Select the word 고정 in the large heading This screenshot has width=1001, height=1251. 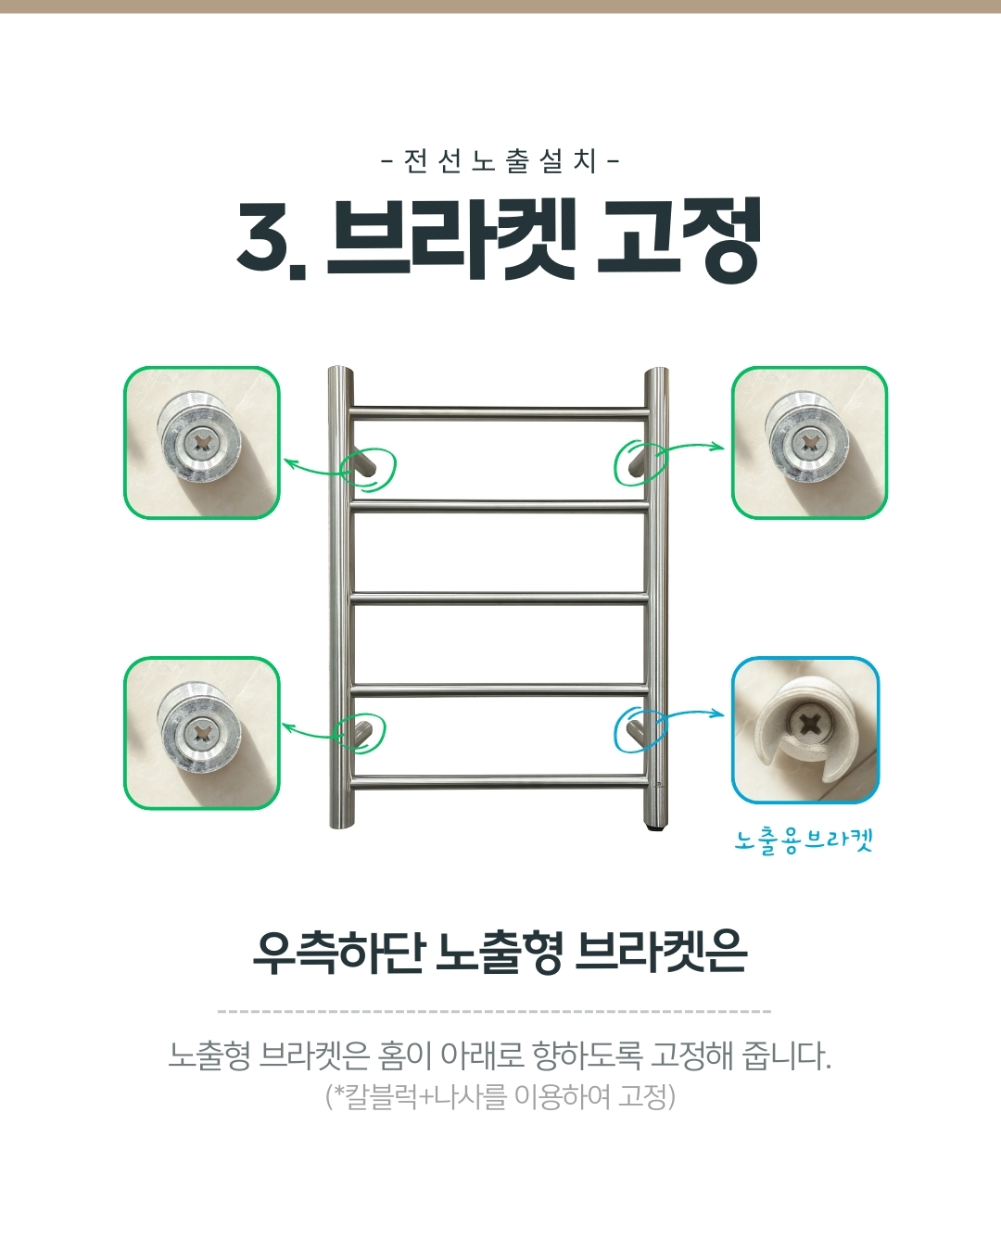click(679, 239)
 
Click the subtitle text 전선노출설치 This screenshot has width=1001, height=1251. click(500, 160)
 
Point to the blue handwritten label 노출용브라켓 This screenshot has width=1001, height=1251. click(804, 840)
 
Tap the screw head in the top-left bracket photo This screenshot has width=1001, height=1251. click(203, 445)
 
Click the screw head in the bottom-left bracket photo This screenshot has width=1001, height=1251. click(202, 734)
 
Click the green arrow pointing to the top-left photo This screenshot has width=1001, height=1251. click(314, 470)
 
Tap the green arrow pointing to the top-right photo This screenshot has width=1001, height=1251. click(692, 447)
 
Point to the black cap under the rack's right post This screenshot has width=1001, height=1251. click(655, 826)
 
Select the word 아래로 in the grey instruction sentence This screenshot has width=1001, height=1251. click(482, 1055)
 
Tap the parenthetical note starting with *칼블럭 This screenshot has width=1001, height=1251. click(500, 1097)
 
